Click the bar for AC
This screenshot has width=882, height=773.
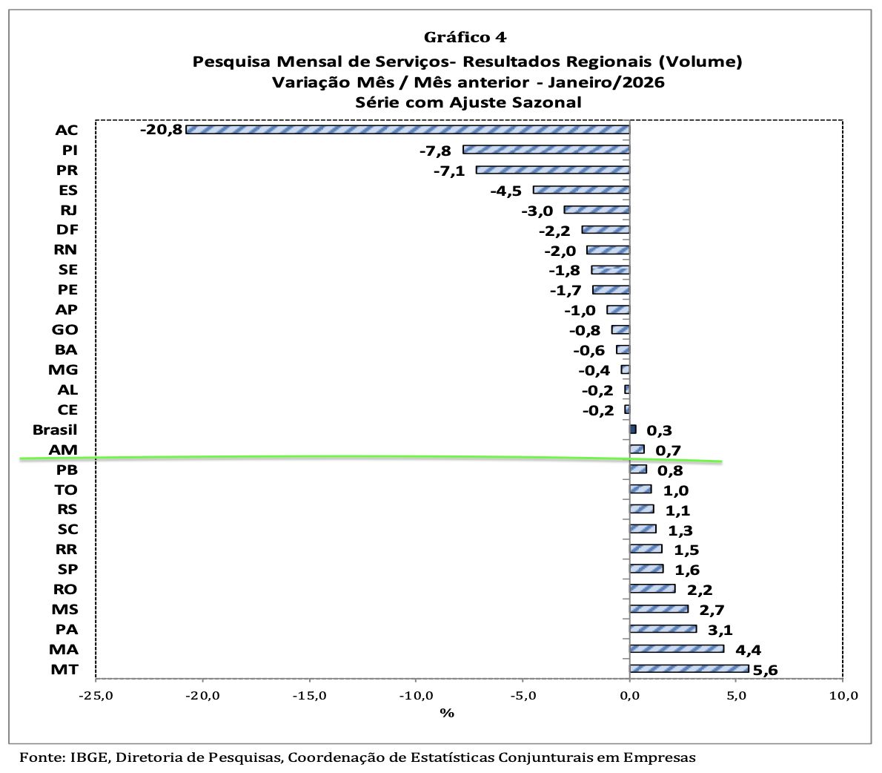(407, 130)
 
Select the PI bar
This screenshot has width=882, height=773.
(546, 150)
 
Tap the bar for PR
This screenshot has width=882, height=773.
(552, 170)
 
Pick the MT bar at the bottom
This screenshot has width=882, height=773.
(689, 669)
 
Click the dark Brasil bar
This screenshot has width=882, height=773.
(632, 430)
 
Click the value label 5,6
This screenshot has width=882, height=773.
(765, 671)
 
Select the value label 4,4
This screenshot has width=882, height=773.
(749, 651)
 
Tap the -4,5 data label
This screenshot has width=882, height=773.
(506, 191)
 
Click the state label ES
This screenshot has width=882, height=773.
(67, 190)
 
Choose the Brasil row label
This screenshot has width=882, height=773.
(55, 430)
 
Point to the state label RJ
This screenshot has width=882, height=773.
(67, 210)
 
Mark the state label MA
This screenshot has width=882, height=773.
(65, 649)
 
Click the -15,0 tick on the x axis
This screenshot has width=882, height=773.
(309, 696)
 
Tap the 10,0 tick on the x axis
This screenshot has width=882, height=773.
(843, 696)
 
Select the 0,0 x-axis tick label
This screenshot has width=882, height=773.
(629, 696)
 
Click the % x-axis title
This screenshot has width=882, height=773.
(446, 713)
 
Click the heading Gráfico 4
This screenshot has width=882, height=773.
(465, 37)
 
